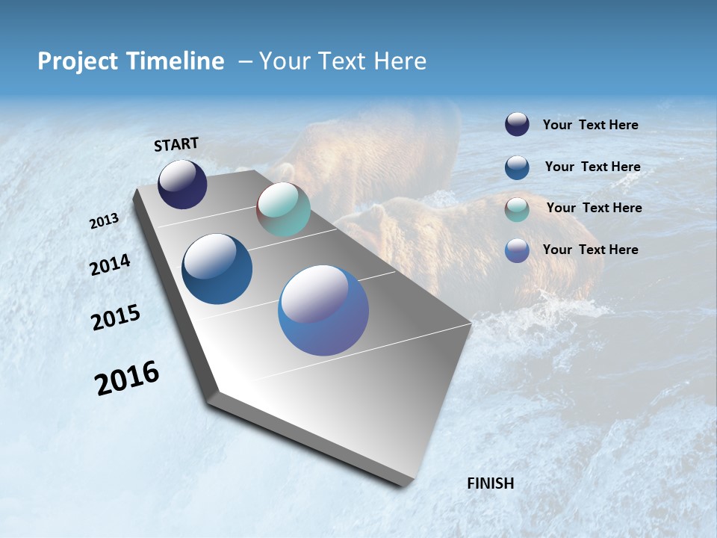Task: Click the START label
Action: tap(176, 144)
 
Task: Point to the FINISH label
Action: tap(490, 483)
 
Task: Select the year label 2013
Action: tap(104, 221)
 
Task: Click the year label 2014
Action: tap(110, 265)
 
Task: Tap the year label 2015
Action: tap(115, 318)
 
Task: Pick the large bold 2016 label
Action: tap(127, 378)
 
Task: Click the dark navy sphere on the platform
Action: tap(182, 185)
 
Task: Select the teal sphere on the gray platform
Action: tap(283, 209)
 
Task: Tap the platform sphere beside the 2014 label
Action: tap(217, 269)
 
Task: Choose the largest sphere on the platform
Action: tap(323, 310)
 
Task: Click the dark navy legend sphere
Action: tap(517, 125)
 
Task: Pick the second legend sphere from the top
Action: tap(517, 167)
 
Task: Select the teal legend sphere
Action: tap(517, 209)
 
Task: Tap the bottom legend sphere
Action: tap(517, 250)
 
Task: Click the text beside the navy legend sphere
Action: tap(590, 126)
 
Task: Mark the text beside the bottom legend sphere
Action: tap(590, 250)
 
